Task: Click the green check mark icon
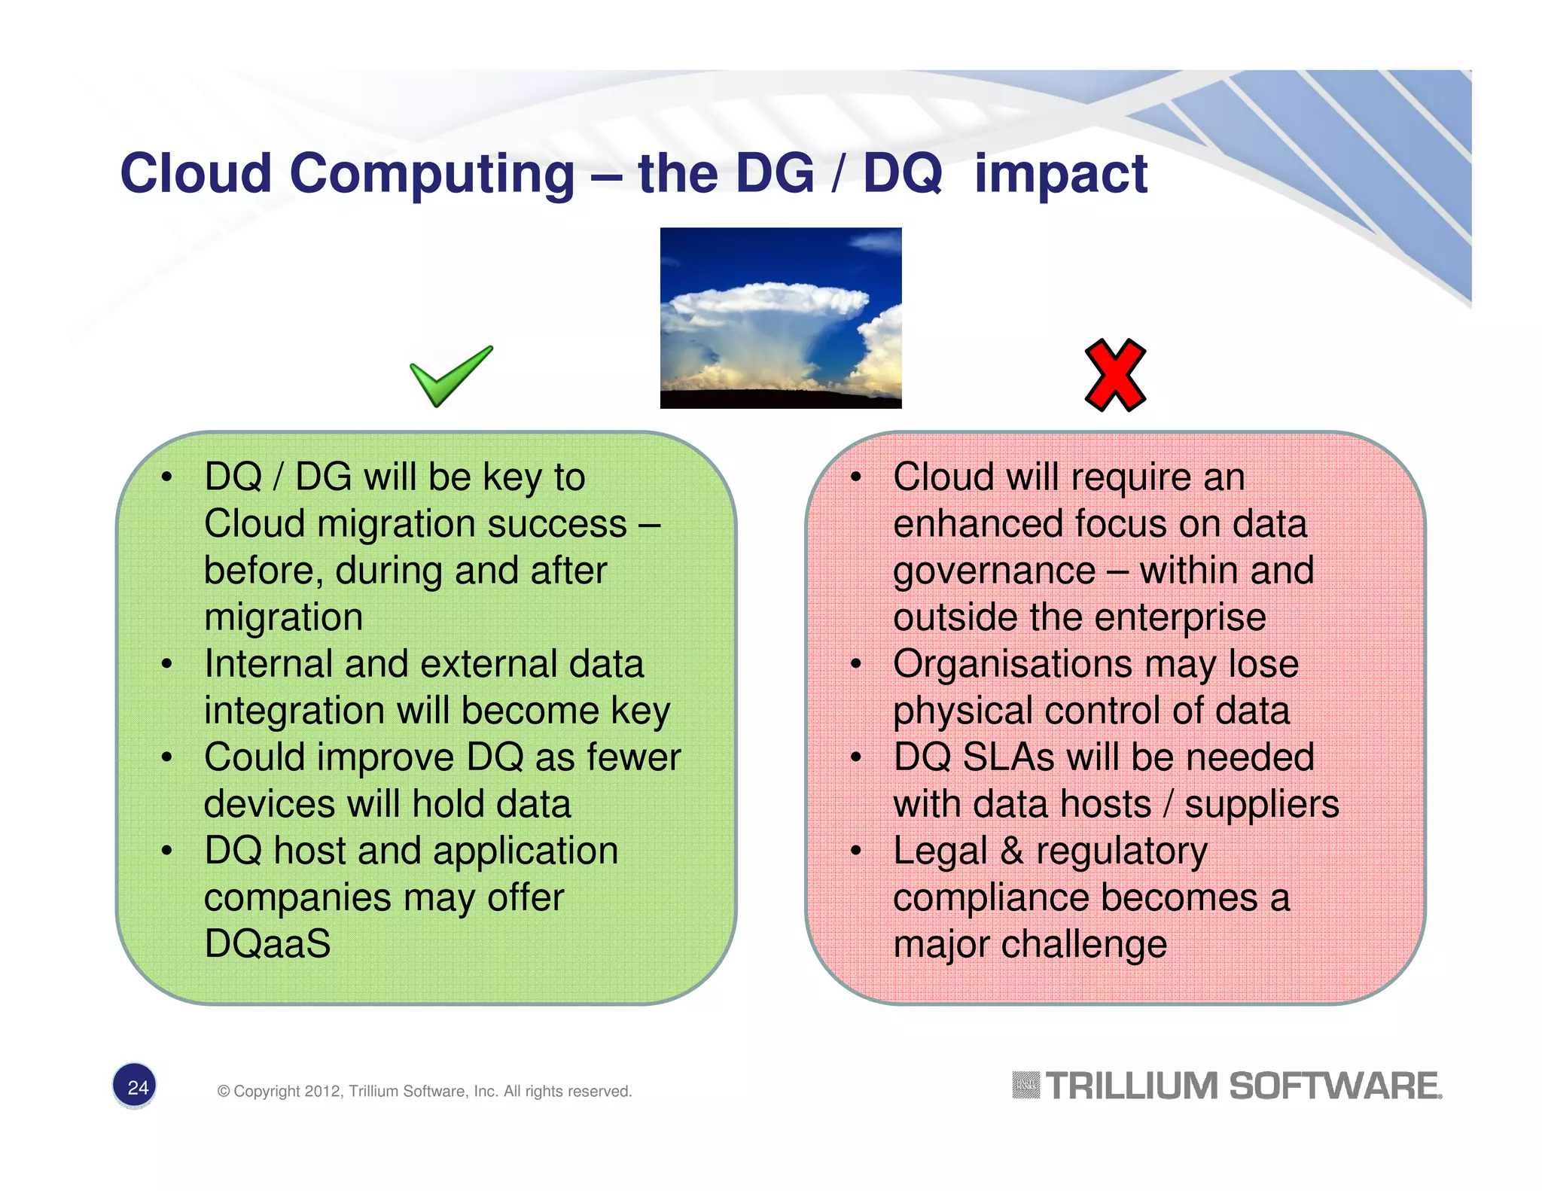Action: click(449, 376)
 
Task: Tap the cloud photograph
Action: click(781, 318)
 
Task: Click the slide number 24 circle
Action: click(135, 1086)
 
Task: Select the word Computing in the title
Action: click(432, 175)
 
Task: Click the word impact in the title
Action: click(1060, 175)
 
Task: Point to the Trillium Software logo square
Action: click(1025, 1086)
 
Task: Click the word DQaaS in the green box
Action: click(267, 944)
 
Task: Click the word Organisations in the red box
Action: click(1012, 665)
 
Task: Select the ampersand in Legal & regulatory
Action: click(1011, 851)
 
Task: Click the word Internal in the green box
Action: click(268, 665)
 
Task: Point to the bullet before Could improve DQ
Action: click(166, 757)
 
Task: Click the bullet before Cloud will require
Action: click(855, 477)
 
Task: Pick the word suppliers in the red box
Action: click(1261, 804)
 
